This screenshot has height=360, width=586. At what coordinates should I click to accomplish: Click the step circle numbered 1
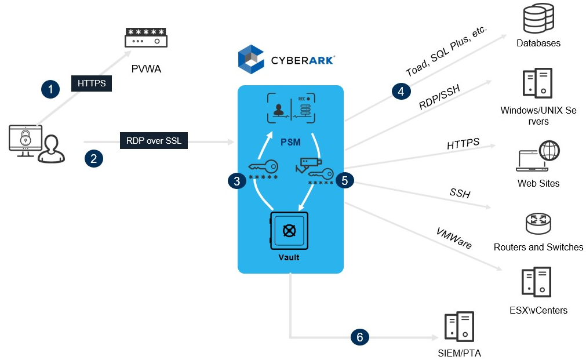point(51,89)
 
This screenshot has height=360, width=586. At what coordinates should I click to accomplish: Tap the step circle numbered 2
point(93,158)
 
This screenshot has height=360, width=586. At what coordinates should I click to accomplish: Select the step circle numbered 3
point(236,181)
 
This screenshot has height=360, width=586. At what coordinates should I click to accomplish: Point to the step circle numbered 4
point(401,91)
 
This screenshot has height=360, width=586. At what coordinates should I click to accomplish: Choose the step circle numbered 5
point(345,181)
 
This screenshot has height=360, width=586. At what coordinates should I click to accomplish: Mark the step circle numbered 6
point(359,337)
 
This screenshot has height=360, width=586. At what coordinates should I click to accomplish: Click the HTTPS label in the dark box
point(92,83)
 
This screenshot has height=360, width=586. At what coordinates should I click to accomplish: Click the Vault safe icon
point(289,230)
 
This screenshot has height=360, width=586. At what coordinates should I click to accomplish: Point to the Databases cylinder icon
point(538,19)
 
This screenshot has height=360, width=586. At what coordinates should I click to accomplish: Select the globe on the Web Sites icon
point(548,151)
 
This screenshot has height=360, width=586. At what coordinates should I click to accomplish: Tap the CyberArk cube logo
point(252,59)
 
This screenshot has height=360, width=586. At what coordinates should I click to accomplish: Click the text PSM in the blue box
point(290,141)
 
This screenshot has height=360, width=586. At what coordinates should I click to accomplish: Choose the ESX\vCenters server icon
point(536,282)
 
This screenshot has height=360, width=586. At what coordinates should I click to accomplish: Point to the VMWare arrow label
point(454,238)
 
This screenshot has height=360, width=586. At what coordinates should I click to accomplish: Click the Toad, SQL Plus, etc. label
point(446,51)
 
